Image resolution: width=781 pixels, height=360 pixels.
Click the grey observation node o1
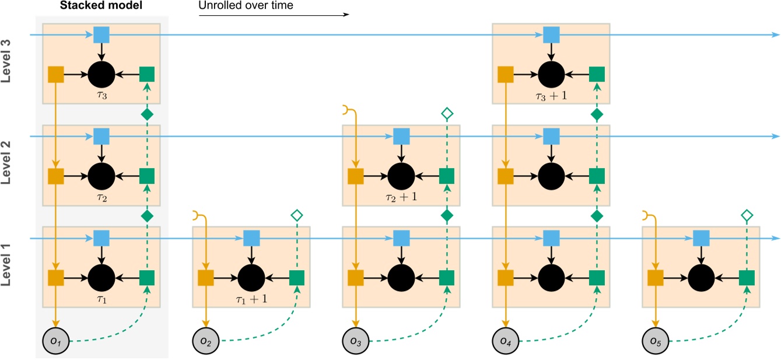(56, 340)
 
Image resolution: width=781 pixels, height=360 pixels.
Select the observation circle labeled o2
(205, 340)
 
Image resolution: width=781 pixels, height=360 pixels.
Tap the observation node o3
(355, 340)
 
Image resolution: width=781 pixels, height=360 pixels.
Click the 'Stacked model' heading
(103, 6)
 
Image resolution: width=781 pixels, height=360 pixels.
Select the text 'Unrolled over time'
(246, 6)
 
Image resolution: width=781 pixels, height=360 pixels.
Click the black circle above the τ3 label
(101, 74)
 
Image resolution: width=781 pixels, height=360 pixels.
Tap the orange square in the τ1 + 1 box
(205, 278)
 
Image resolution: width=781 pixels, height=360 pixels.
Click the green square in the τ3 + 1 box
(596, 74)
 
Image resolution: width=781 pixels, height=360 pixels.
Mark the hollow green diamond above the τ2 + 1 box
(447, 114)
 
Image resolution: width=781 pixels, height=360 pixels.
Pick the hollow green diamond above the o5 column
(746, 216)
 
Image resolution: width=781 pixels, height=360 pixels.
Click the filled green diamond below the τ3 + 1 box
(596, 114)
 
